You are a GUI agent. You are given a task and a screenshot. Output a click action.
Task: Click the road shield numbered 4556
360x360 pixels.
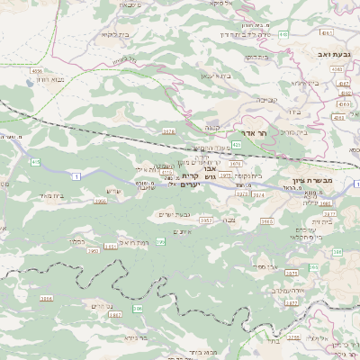[37, 69]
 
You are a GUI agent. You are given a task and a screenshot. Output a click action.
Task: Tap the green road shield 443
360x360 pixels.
[283, 34]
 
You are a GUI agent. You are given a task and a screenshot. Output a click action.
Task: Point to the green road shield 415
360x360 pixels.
[35, 162]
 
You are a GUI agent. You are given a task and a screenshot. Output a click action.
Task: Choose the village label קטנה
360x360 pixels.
[212, 127]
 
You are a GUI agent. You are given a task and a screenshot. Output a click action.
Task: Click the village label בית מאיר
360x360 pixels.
[53, 195]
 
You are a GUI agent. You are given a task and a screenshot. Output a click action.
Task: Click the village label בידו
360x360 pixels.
[292, 112]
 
